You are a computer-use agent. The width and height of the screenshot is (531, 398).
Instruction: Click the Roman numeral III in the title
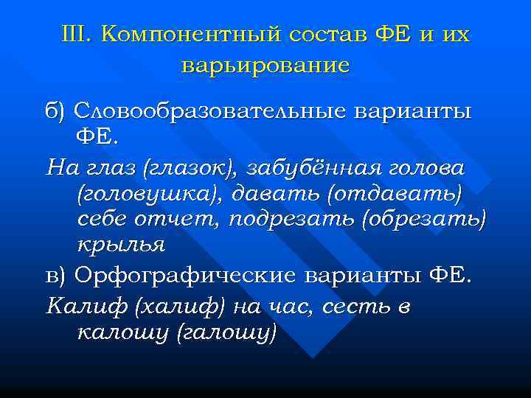pyautogui.click(x=75, y=34)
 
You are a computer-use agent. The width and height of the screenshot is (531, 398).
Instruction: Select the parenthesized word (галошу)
pyautogui.click(x=226, y=333)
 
